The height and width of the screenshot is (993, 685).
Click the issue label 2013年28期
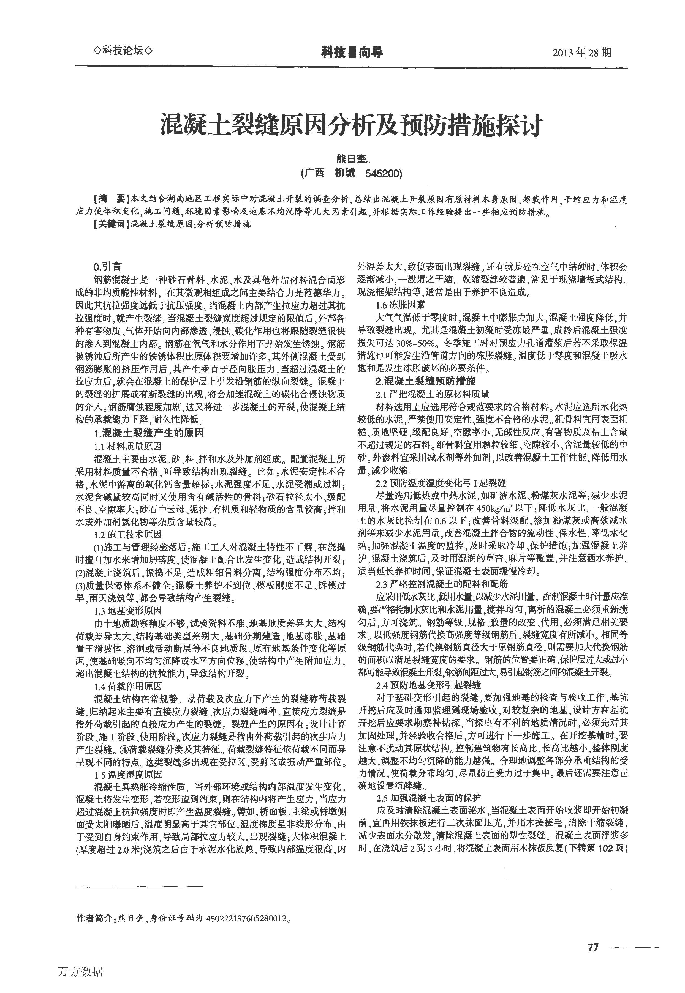pyautogui.click(x=581, y=53)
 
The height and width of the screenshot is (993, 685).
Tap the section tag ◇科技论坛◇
pyautogui.click(x=123, y=51)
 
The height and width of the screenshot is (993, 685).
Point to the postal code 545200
pyautogui.click(x=383, y=174)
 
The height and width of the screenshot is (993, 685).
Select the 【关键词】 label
pyautogui.click(x=110, y=224)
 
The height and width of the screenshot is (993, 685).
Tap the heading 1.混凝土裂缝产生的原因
pyautogui.click(x=148, y=433)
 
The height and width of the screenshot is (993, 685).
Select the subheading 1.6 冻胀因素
pyautogui.click(x=400, y=305)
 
